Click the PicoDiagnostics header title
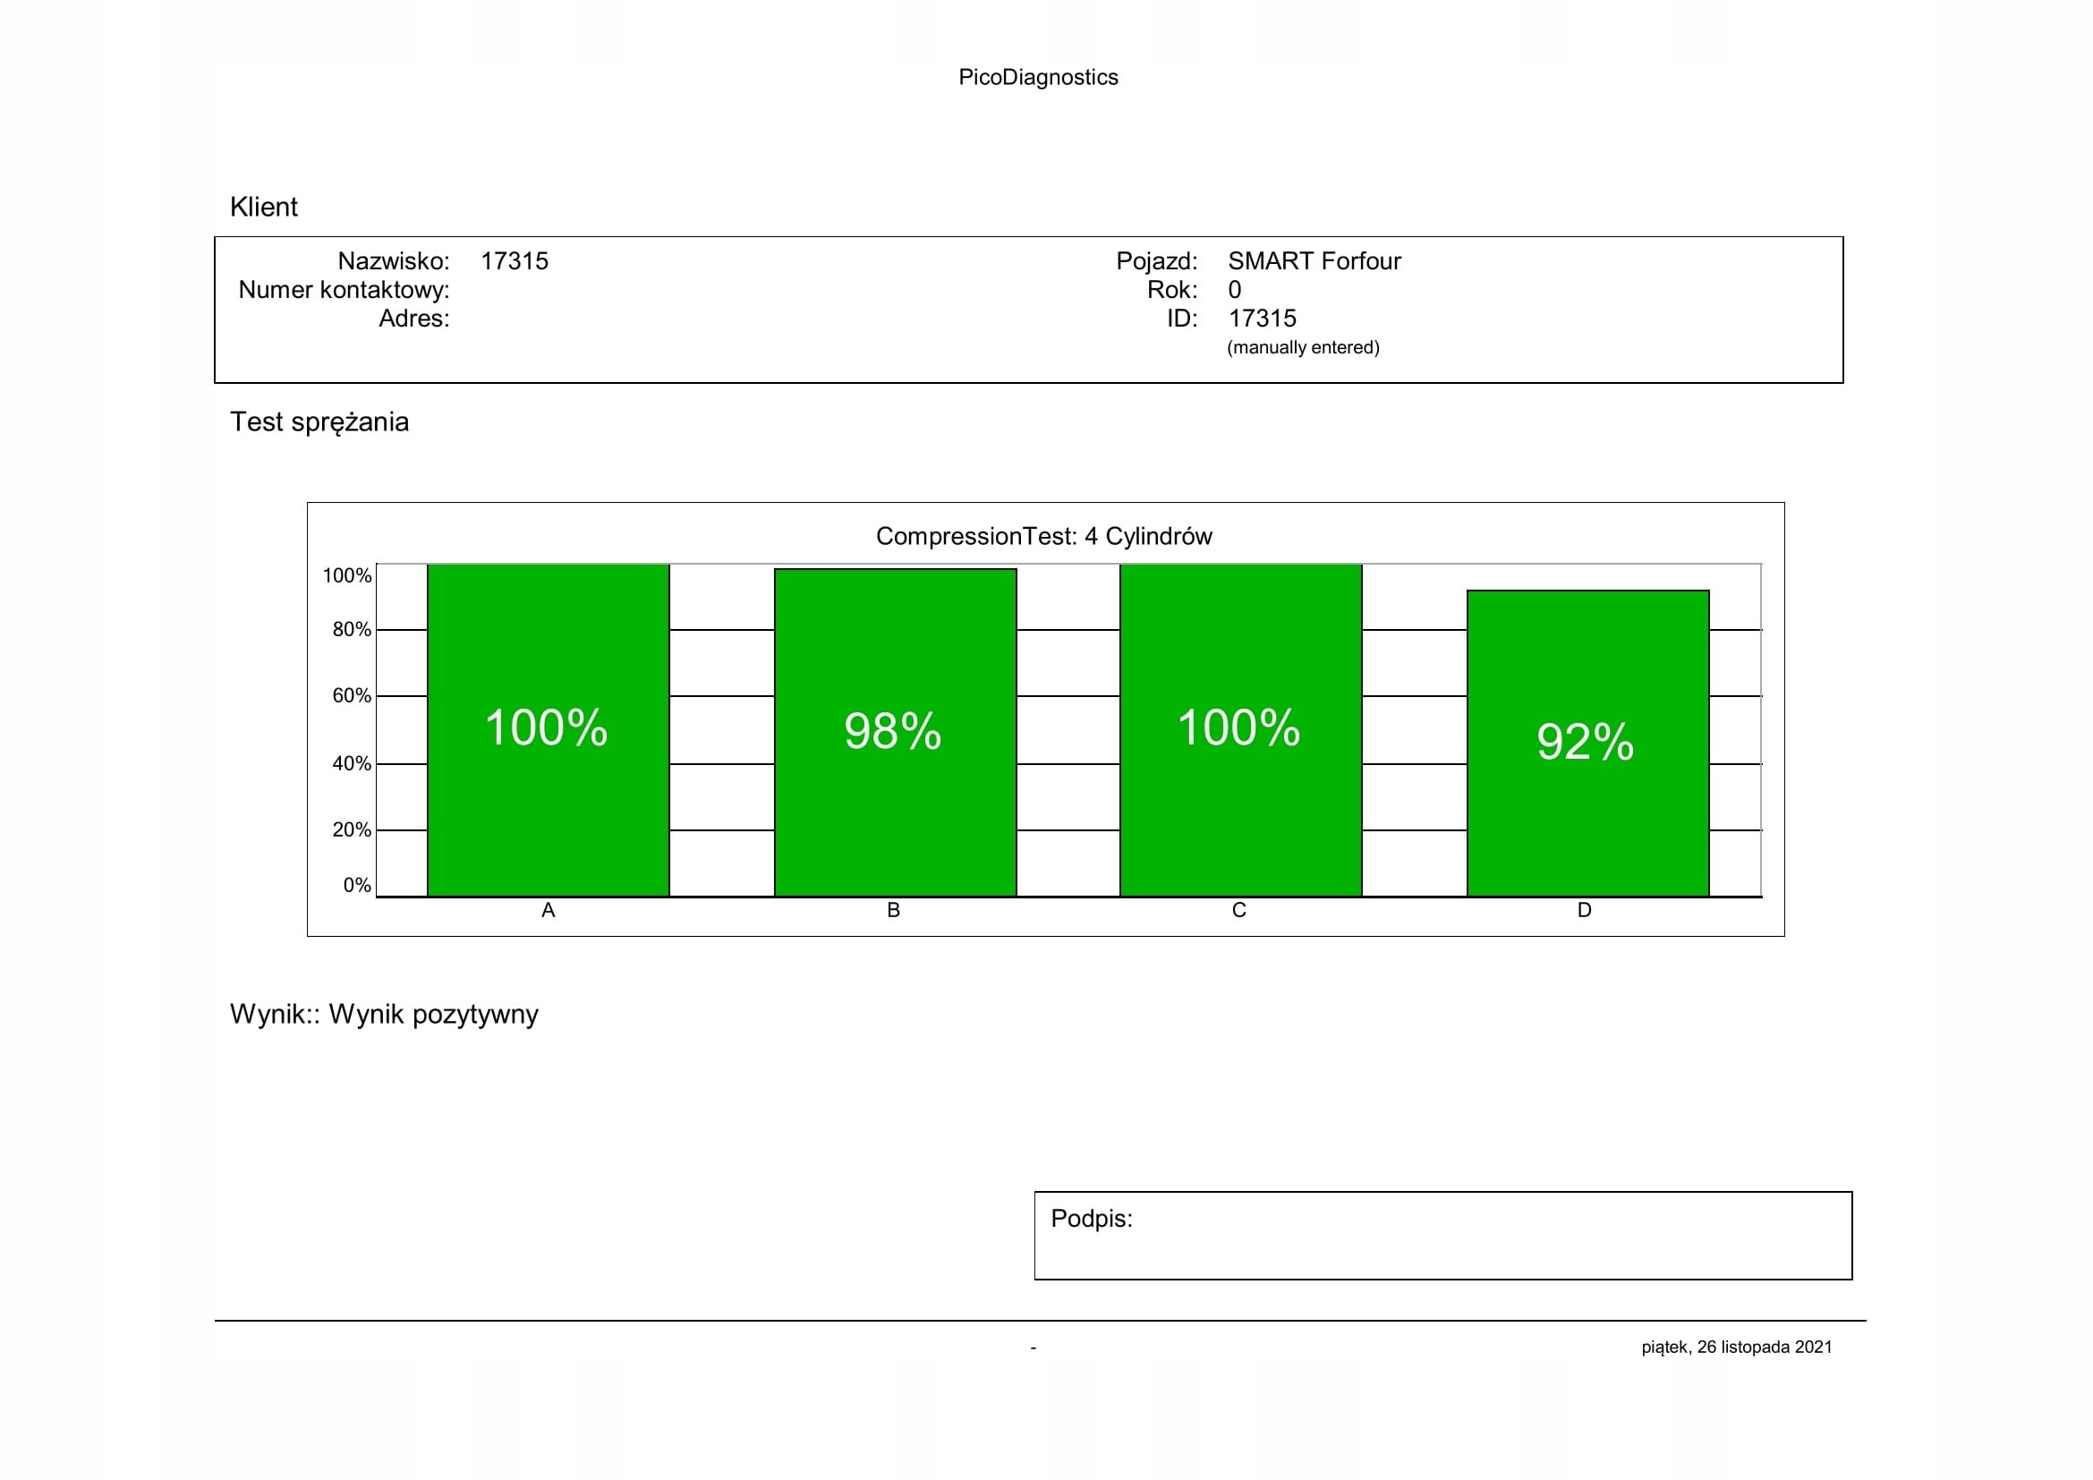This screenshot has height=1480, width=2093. (x=1037, y=78)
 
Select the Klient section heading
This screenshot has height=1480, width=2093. (x=263, y=207)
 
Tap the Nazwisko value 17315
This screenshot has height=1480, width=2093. (x=515, y=261)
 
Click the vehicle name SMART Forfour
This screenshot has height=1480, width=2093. (x=1314, y=261)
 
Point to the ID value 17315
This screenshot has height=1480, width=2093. (x=1262, y=319)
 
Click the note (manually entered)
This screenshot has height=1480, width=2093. (x=1303, y=347)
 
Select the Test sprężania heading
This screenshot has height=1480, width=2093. (x=319, y=422)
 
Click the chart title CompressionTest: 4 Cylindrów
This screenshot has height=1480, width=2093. (x=1043, y=536)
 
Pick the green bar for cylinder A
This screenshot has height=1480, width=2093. (x=548, y=821)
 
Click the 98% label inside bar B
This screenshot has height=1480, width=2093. (x=892, y=731)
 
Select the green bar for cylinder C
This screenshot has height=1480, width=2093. (x=1239, y=821)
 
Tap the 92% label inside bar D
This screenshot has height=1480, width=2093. (x=1585, y=741)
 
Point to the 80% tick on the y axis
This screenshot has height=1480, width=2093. (x=351, y=630)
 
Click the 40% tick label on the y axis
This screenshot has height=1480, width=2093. (x=351, y=763)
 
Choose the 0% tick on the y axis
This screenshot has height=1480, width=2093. (x=356, y=885)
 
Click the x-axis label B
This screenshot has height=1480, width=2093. (x=893, y=910)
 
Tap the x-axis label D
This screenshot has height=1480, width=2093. (x=1585, y=910)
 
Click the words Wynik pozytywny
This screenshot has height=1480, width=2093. (x=433, y=1015)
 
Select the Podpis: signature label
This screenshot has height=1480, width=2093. (x=1091, y=1219)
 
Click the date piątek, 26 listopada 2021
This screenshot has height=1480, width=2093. (x=1737, y=1347)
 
